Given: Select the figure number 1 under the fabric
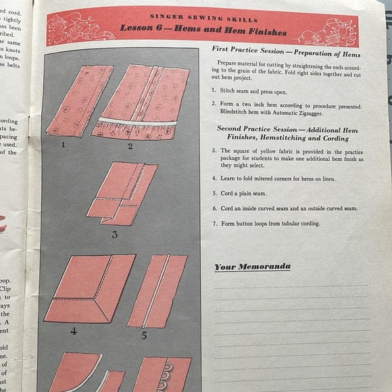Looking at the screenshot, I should [x=64, y=144].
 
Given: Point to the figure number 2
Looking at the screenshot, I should [x=130, y=146].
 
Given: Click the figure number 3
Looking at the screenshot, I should [x=115, y=235].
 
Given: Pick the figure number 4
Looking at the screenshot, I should [x=73, y=331].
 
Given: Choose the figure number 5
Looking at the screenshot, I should [x=144, y=334].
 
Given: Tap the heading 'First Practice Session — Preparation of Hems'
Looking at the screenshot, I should [x=286, y=53].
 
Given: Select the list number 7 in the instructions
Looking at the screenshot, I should [x=214, y=224].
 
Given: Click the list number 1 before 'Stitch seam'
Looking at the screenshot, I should [x=214, y=89].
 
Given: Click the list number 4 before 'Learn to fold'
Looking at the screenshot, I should [x=214, y=178].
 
